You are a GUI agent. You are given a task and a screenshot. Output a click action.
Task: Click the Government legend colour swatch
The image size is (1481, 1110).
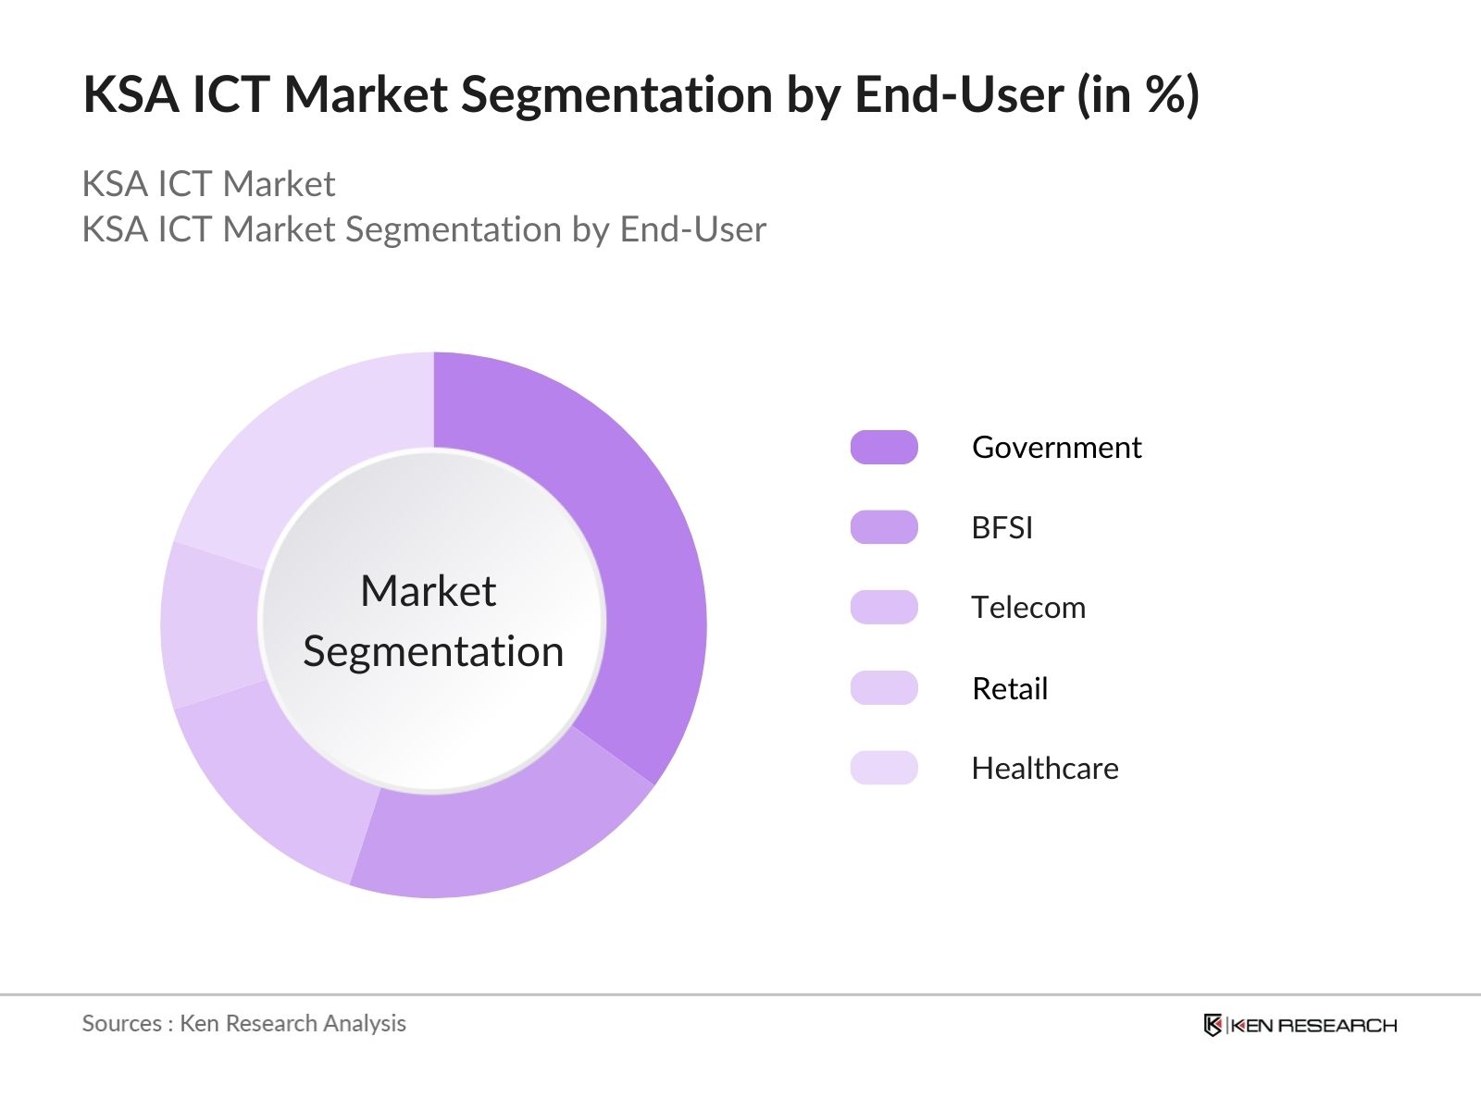point(884,448)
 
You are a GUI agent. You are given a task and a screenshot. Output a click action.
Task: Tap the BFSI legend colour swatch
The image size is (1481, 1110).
point(884,527)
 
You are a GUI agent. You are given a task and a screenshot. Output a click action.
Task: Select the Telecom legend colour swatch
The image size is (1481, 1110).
point(884,608)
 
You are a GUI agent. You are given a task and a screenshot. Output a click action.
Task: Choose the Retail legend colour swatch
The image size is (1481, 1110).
point(884,688)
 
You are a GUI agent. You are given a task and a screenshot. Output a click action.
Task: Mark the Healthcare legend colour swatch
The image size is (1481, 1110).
point(884,768)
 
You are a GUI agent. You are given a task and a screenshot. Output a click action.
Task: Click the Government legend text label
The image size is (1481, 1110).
point(1056,448)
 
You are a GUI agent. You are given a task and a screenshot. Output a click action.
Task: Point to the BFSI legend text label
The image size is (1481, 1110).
point(1002,527)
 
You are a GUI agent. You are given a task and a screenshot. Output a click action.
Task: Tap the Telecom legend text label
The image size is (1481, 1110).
point(1028,608)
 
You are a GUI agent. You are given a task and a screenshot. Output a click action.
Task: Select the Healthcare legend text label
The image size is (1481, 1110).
point(1045,768)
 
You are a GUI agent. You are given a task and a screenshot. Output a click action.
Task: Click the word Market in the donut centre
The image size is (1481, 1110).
point(428,591)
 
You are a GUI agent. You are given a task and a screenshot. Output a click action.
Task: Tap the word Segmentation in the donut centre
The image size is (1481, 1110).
point(433,652)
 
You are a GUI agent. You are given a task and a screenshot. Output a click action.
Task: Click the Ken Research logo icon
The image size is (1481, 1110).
point(1213,1025)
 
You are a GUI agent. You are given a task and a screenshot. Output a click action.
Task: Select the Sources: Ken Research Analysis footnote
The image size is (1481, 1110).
point(243,1023)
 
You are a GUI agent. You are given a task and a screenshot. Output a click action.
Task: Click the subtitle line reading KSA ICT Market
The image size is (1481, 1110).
point(208,184)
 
